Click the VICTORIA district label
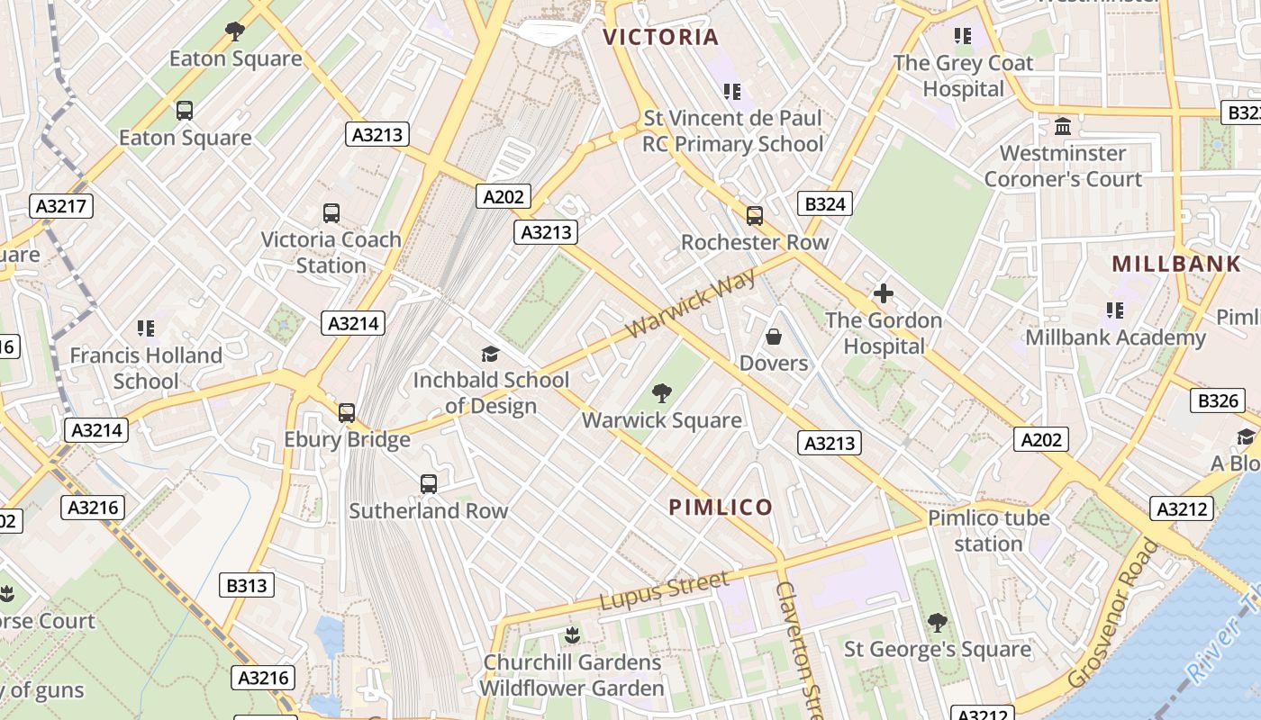click(x=660, y=37)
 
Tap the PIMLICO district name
click(x=721, y=508)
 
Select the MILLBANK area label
click(x=1176, y=264)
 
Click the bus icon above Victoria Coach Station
click(x=331, y=213)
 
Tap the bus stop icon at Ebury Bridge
click(x=347, y=413)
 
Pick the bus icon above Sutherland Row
click(x=429, y=484)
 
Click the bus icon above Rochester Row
click(x=754, y=216)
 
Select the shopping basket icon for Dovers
click(x=773, y=337)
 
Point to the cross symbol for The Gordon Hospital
click(x=883, y=293)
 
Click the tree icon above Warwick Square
click(x=662, y=393)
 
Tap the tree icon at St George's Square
click(x=937, y=623)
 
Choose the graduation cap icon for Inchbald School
click(x=490, y=354)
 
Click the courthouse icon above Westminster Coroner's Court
click(x=1063, y=126)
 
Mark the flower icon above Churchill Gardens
click(x=571, y=635)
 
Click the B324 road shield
click(x=824, y=204)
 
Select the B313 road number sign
click(x=246, y=586)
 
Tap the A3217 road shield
click(x=61, y=206)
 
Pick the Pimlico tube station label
click(x=988, y=531)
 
